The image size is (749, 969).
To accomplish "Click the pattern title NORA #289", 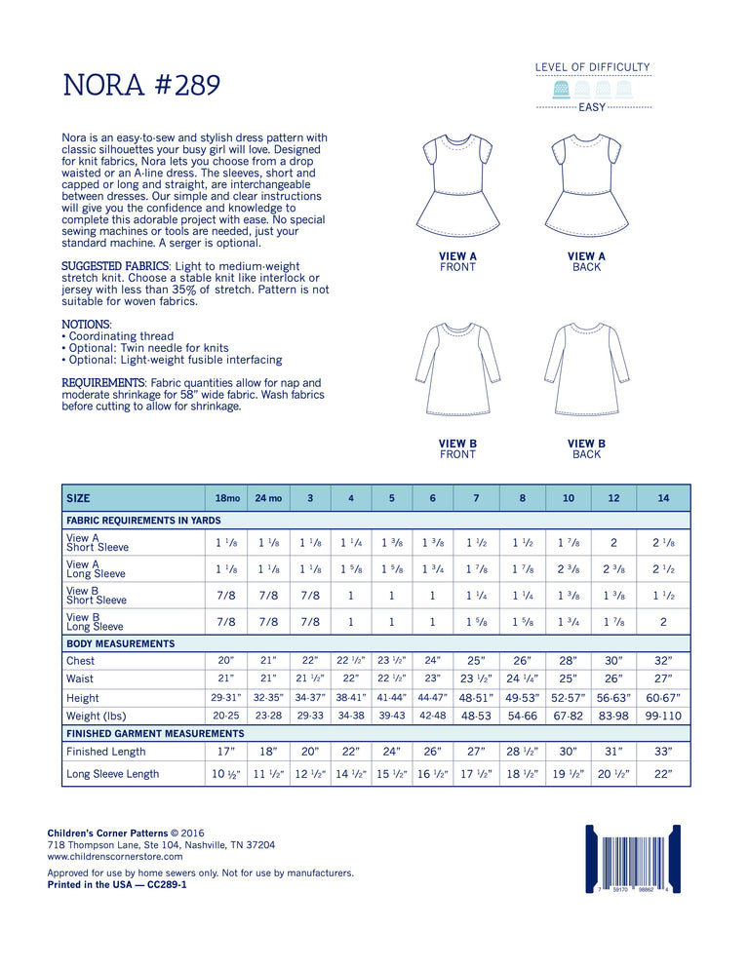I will pos(142,86).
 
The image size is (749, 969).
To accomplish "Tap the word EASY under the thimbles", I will pos(592,107).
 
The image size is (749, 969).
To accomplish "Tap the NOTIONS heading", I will pos(86,324).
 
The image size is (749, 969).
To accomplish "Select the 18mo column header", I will pos(222,498).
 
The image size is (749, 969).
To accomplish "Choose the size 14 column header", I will pos(663,498).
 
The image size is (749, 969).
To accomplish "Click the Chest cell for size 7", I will pos(476,660).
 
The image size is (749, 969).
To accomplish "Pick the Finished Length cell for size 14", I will pos(663,752).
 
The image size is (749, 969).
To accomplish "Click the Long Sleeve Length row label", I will pos(112,774).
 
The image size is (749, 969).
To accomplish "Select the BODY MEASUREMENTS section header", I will pos(120,643).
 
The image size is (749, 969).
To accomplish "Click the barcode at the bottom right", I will pos(631,860).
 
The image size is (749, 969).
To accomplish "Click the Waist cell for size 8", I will pos(523,678).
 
